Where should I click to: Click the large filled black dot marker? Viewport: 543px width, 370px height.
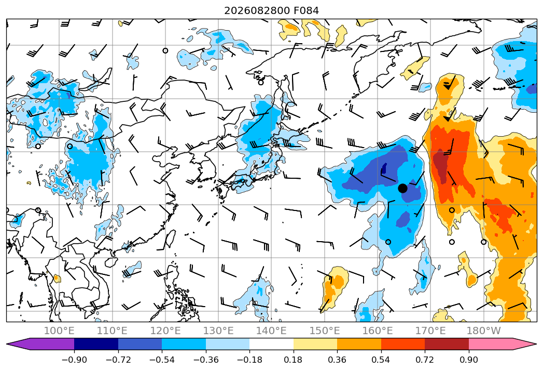(x=402, y=188)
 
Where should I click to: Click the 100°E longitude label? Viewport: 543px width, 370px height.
(x=59, y=331)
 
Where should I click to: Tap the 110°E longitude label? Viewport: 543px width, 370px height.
(x=112, y=331)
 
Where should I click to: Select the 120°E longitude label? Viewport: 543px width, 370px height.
(x=165, y=331)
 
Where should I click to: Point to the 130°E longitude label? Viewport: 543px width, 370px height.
(x=218, y=331)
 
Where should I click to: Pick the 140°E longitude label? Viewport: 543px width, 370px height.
(x=272, y=331)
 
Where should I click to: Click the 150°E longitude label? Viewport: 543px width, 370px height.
(x=325, y=331)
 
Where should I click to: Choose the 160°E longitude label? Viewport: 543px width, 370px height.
(x=378, y=331)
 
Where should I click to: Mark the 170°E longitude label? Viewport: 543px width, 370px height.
(x=430, y=331)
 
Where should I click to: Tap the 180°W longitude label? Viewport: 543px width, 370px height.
(x=484, y=331)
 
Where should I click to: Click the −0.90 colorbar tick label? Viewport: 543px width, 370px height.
(x=74, y=360)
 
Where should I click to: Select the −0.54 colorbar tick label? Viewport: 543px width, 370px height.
(x=162, y=360)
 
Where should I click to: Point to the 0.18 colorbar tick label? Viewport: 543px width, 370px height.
(x=294, y=360)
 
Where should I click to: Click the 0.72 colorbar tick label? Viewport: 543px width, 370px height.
(x=425, y=360)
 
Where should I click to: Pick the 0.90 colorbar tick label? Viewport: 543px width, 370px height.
(x=468, y=360)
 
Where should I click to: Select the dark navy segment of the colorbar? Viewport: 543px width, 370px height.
(x=96, y=343)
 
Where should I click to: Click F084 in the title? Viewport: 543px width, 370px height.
(x=306, y=11)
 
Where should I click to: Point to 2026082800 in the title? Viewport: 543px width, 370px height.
(x=257, y=11)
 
